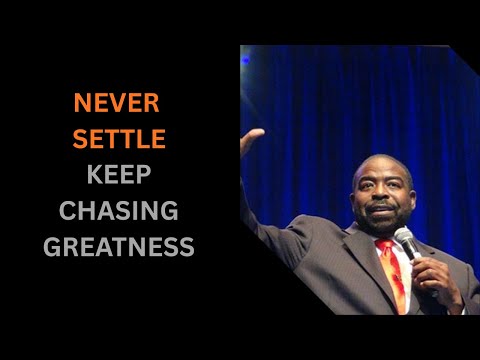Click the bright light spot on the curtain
coord(246,60)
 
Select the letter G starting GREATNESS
coord(52,247)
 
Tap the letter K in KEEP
coord(94,175)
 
